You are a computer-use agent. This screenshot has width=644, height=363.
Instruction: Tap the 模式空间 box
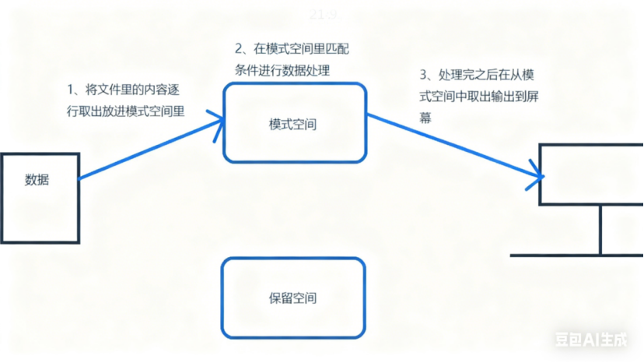coord(294,123)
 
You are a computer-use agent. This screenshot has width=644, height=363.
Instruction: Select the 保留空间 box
coord(293,298)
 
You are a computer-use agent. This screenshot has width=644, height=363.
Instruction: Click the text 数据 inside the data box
coord(37,180)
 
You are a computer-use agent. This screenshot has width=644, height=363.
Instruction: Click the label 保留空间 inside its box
coord(293,298)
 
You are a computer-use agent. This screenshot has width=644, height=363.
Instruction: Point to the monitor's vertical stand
coord(600,230)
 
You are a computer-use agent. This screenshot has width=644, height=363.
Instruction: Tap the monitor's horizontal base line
coord(576,255)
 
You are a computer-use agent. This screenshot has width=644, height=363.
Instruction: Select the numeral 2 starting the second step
coord(238,50)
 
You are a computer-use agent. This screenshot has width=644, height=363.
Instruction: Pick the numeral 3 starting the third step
coord(422,76)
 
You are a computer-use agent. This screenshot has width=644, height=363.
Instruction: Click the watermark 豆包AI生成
coord(590,340)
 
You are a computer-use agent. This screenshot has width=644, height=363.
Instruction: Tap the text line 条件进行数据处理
coord(282,70)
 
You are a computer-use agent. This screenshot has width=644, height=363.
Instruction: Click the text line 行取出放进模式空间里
coord(126,111)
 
